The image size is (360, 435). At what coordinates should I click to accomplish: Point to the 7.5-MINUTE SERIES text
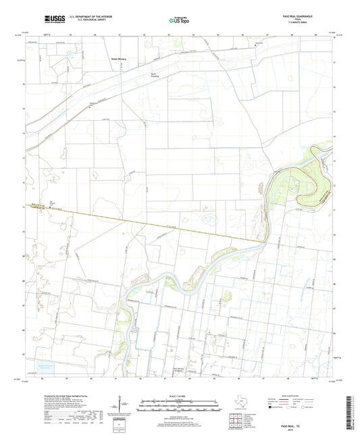pos(311,24)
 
